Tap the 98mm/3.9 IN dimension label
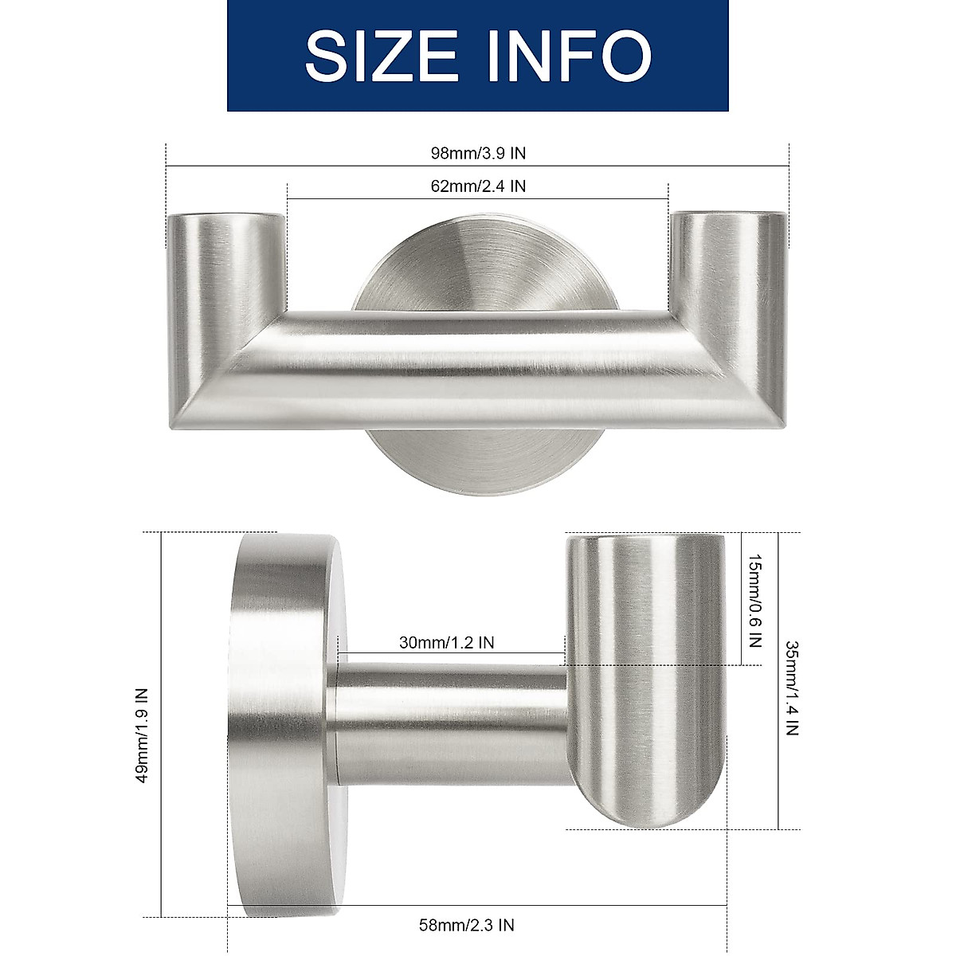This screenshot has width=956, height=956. point(477,153)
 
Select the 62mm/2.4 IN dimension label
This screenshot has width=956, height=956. point(478,186)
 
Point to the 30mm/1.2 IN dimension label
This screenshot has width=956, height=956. point(446,642)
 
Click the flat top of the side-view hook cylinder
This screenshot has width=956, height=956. point(645,540)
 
